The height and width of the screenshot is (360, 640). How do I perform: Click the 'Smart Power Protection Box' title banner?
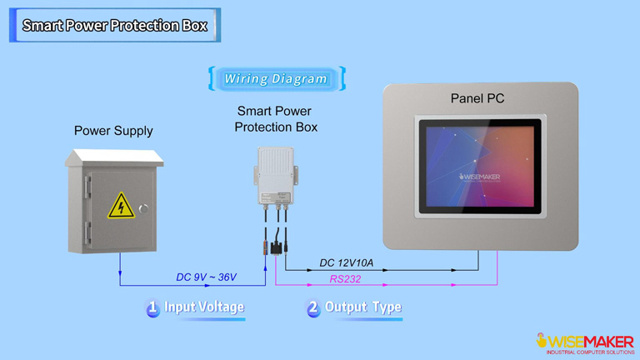click(x=114, y=25)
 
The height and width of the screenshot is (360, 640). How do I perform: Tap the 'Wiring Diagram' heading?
click(x=276, y=79)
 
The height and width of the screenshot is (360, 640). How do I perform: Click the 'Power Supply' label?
click(x=113, y=131)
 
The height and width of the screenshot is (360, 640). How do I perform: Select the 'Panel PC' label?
click(x=477, y=98)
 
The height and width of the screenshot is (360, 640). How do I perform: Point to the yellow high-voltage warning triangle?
click(x=121, y=205)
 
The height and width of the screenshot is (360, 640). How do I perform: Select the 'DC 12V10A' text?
click(x=347, y=263)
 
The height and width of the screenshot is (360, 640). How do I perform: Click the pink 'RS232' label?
click(x=344, y=279)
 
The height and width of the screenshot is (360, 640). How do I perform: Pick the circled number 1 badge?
click(x=152, y=308)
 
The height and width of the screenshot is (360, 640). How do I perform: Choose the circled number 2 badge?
click(x=313, y=308)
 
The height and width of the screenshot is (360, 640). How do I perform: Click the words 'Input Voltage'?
click(x=204, y=307)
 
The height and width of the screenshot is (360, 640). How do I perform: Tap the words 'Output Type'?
click(x=362, y=307)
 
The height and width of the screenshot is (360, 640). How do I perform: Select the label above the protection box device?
click(x=276, y=118)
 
